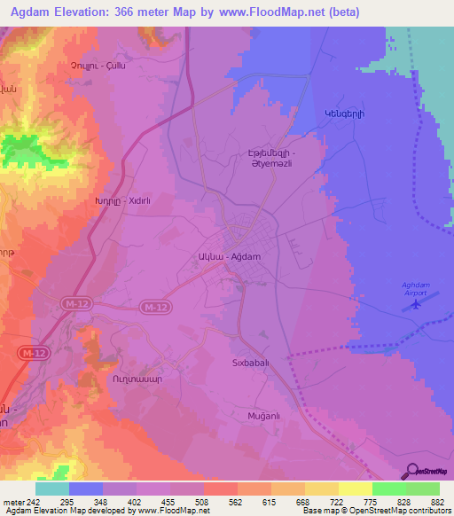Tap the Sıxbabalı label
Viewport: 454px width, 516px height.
point(257,364)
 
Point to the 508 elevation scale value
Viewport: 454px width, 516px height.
point(204,502)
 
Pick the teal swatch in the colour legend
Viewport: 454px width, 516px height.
point(52,489)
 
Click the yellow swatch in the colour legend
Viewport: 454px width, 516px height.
point(356,489)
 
